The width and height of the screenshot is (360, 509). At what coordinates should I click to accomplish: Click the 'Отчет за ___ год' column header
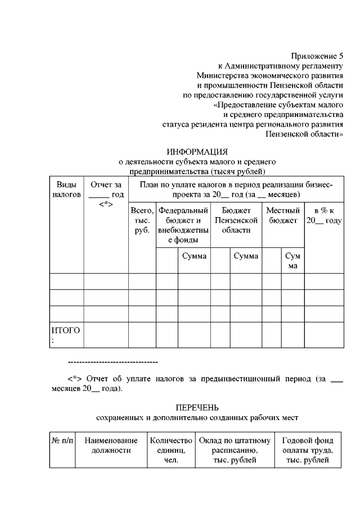tap(106, 193)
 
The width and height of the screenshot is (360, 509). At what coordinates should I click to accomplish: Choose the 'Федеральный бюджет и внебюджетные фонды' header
tap(183, 225)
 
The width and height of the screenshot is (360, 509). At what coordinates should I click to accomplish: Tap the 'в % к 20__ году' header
tap(324, 216)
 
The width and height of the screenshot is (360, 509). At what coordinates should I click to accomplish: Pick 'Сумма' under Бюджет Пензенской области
tap(246, 256)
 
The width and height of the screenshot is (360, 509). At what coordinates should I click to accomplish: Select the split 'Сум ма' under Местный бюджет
tap(292, 260)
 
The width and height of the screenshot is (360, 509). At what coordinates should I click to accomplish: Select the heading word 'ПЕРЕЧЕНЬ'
tap(196, 407)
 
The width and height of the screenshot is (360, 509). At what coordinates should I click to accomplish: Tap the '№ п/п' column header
tap(62, 440)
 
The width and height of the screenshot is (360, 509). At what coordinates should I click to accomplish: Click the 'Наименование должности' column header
tap(111, 445)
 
